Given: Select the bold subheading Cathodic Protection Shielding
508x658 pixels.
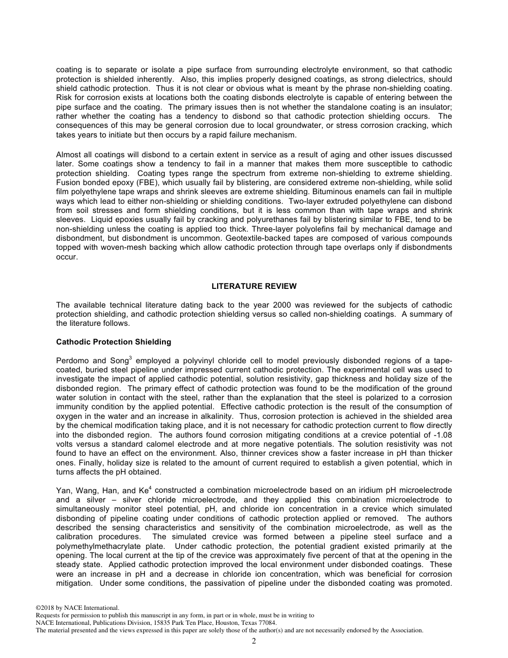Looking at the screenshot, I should pos(113,342).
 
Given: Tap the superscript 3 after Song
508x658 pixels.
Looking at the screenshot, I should pos(130,358).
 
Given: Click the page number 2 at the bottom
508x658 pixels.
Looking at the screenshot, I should pos(254,641).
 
